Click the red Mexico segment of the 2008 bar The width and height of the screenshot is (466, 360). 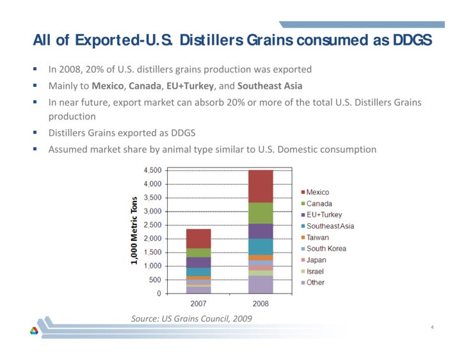click(261, 186)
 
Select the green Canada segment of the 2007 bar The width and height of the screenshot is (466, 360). click(198, 253)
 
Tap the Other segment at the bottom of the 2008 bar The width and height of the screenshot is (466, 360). click(261, 285)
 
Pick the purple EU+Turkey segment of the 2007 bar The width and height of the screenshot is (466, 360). click(198, 262)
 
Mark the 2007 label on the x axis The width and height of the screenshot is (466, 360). click(198, 302)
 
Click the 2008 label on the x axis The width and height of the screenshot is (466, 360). click(261, 302)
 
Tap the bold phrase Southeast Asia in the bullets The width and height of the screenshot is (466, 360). click(269, 86)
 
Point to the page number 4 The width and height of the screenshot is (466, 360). click(433, 328)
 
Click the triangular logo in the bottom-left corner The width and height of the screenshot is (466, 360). click(35, 331)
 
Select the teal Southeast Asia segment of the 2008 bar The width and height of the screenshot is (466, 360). click(261, 247)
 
